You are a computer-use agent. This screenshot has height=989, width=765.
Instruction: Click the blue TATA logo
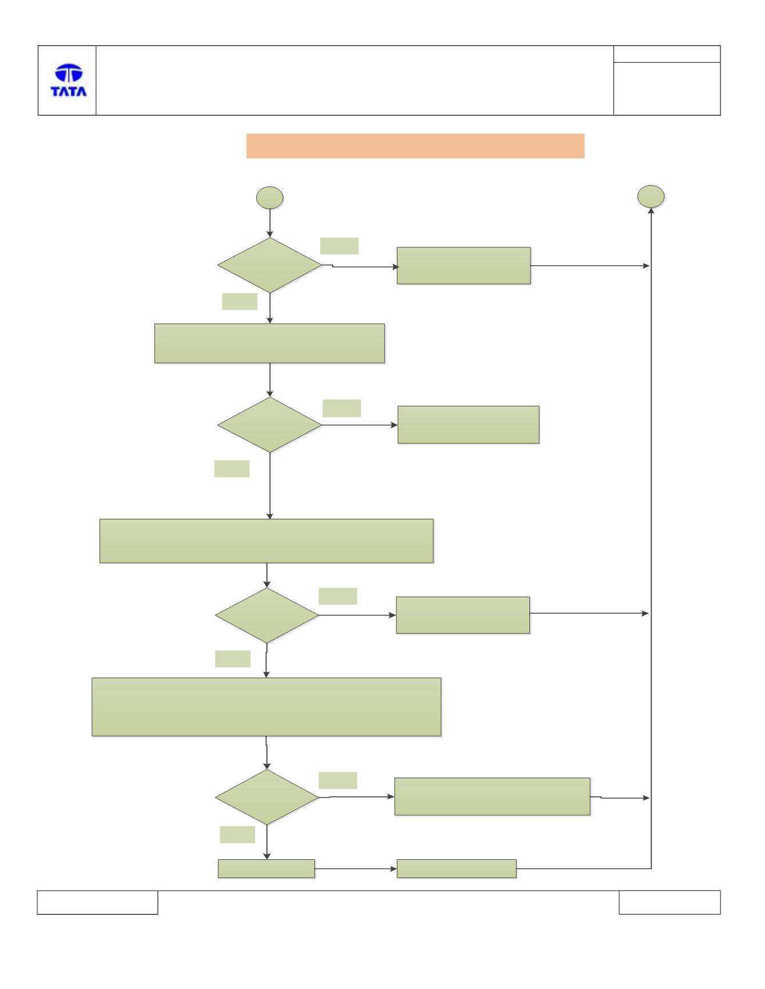tap(69, 80)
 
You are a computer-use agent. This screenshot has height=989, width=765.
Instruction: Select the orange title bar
tap(415, 146)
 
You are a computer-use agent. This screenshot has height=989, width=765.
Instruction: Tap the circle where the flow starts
tap(270, 198)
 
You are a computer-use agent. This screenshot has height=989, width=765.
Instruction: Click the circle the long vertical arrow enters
tap(651, 197)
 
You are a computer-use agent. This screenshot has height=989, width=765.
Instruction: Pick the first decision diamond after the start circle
tap(270, 265)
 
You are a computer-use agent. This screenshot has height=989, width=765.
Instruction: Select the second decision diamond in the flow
tap(270, 425)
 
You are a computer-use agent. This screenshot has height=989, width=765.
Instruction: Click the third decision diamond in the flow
tap(267, 615)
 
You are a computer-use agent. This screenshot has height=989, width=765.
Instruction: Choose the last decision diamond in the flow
tap(267, 797)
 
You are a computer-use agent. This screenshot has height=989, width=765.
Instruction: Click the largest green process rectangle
tap(266, 707)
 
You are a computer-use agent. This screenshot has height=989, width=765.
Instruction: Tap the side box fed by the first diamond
tap(464, 266)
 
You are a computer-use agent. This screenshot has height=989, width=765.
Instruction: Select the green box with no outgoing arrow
tap(468, 425)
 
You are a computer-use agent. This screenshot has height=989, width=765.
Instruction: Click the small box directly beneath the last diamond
tap(266, 868)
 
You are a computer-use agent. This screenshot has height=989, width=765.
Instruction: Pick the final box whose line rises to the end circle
tap(457, 868)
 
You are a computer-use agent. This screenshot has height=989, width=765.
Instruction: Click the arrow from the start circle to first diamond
tap(270, 223)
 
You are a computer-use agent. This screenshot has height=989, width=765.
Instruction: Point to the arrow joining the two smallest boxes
tap(356, 868)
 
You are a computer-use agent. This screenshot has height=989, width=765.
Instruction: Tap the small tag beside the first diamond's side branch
tap(340, 246)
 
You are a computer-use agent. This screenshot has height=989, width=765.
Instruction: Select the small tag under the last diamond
tap(237, 834)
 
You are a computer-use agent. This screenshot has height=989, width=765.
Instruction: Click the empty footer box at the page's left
tap(97, 902)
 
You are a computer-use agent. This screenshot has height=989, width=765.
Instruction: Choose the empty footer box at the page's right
tap(670, 902)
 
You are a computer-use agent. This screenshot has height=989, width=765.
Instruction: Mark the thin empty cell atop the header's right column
tap(667, 54)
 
